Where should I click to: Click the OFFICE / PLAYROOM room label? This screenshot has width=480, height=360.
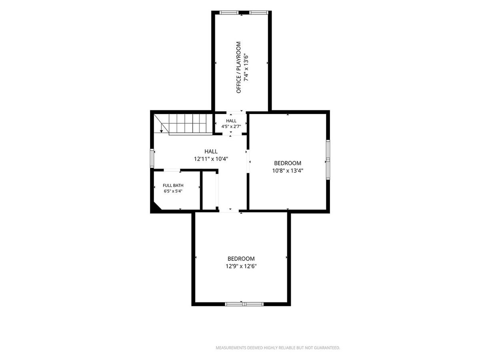point(238,67)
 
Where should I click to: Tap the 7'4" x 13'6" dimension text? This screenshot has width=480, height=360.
point(246,67)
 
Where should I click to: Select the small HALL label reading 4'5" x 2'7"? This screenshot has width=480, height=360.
point(231,121)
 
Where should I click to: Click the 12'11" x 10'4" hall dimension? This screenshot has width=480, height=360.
point(211,159)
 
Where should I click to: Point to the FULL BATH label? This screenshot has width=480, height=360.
point(173,185)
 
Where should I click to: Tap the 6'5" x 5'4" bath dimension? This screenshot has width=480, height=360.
point(173,191)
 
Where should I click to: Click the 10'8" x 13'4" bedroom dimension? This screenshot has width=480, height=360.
point(288,170)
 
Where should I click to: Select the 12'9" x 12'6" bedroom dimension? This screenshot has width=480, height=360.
point(241,266)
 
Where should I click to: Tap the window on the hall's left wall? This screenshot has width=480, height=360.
point(152,158)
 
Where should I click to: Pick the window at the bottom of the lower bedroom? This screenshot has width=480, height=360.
point(244,304)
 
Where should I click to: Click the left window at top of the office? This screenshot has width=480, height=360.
point(229,12)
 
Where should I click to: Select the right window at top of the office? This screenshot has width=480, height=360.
point(258,12)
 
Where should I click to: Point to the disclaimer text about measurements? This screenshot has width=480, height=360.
point(278,348)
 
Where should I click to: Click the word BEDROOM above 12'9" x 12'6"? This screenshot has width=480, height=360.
point(241,259)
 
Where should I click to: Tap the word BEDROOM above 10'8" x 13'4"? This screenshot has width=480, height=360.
point(288,163)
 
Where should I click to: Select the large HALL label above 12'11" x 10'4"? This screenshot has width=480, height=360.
point(211,151)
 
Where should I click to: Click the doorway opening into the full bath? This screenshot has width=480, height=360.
point(172,170)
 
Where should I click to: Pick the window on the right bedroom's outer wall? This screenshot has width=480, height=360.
point(328,160)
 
